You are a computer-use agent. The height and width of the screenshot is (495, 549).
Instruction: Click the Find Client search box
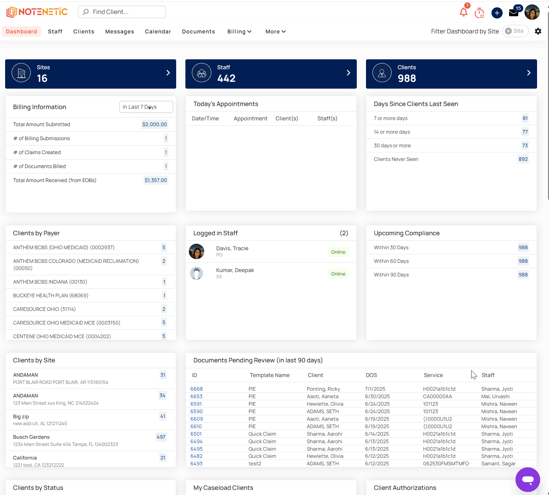point(122,12)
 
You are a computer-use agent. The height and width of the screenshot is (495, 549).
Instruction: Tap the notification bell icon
point(463,12)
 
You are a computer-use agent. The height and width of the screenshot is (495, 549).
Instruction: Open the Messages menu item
point(119,31)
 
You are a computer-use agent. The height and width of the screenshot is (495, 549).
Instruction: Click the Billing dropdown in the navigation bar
point(239,31)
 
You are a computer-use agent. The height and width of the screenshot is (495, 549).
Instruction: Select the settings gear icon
point(538,31)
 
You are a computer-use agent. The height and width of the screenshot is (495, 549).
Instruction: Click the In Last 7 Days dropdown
point(146,107)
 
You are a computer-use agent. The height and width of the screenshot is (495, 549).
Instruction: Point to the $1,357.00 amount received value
point(156,180)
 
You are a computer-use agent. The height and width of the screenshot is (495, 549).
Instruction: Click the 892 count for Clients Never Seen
point(523,159)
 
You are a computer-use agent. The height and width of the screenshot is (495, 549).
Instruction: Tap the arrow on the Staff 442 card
point(348,73)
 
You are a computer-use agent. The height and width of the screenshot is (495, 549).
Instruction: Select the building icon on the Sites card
point(21,73)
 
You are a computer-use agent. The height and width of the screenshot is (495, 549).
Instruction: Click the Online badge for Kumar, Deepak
point(338,274)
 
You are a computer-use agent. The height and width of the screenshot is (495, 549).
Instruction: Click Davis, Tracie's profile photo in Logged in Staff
point(196,252)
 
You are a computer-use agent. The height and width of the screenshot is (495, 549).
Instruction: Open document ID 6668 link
point(197,389)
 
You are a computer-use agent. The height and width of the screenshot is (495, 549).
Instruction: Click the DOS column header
point(371,375)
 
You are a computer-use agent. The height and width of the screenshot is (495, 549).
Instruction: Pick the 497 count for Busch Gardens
point(161,437)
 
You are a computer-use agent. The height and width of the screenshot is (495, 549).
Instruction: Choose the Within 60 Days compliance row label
point(391,261)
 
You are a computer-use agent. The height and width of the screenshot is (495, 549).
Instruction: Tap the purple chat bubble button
point(528,480)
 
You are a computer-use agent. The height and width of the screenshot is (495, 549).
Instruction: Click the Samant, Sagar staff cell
point(498,464)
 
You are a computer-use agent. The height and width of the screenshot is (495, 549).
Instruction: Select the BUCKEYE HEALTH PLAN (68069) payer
point(51,296)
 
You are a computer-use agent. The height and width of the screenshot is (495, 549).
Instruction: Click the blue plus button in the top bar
point(497,13)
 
